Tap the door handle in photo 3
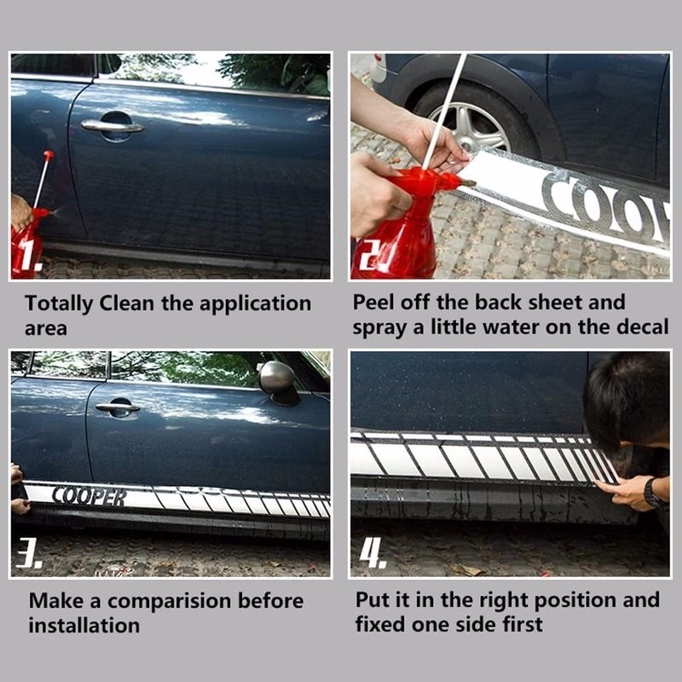click(118, 407)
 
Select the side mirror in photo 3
click(278, 379)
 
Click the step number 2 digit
click(371, 253)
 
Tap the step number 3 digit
click(28, 552)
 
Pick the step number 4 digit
click(373, 552)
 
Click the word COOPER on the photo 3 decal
click(90, 497)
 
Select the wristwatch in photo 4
click(652, 493)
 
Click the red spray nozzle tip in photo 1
click(49, 155)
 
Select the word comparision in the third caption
click(169, 602)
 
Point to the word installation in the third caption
click(84, 626)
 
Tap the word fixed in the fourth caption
click(380, 625)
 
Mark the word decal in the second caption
click(643, 327)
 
